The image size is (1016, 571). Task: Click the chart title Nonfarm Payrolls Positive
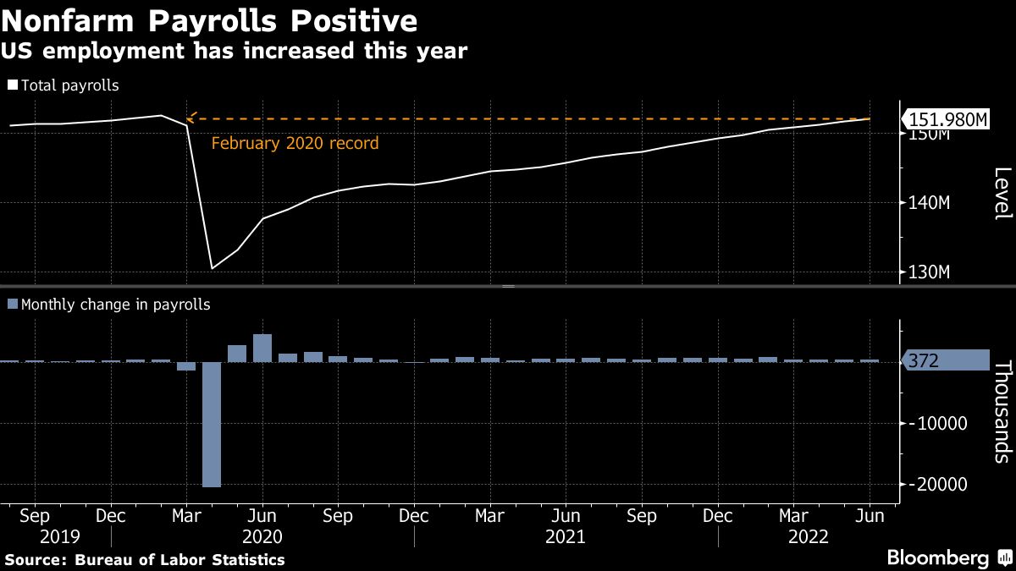pos(209,20)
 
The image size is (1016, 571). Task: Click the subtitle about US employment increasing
pos(234,51)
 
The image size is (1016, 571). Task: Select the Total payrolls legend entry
pos(63,85)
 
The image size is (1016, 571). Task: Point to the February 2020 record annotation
pos(295,144)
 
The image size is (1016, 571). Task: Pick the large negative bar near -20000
pos(211,424)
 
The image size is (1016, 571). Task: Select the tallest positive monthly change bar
pos(262,348)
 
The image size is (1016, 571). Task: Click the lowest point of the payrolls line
pos(212,268)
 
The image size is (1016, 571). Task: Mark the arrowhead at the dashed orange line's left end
pos(190,118)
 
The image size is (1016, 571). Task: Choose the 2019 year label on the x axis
pos(59,537)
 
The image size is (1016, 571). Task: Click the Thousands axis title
pos(1002,411)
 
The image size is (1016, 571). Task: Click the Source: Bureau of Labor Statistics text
pos(145,560)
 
